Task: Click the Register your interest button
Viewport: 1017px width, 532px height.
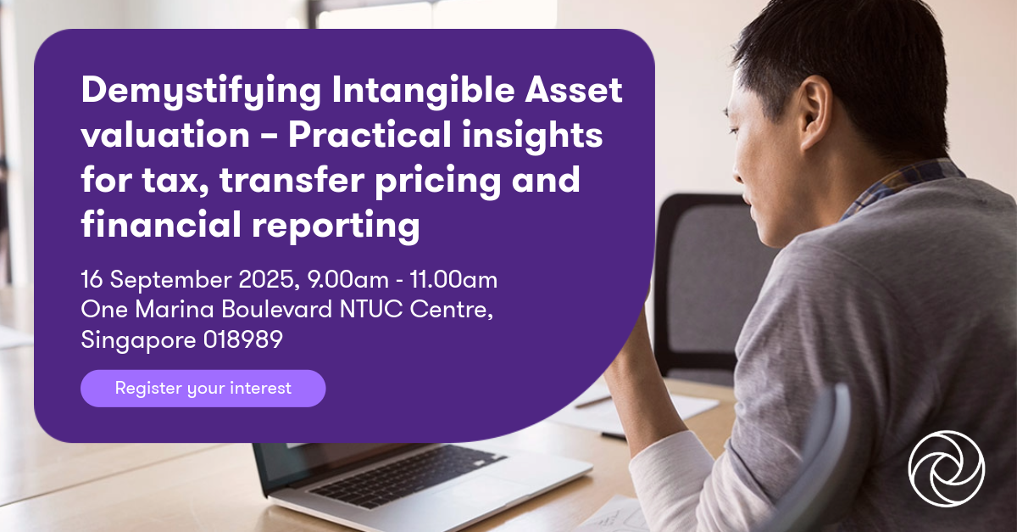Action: pos(203,388)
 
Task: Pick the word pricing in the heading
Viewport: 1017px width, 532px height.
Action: pos(442,182)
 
